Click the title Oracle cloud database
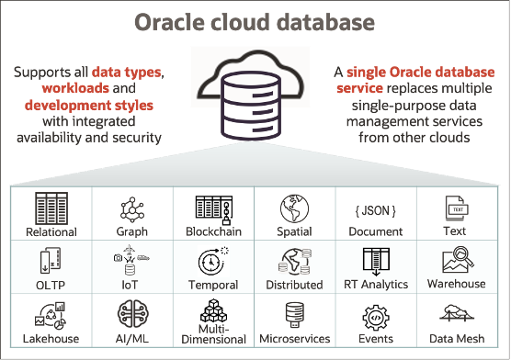(x=255, y=22)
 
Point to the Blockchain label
(x=213, y=231)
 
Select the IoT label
(x=131, y=285)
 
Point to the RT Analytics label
(x=375, y=285)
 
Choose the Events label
(x=375, y=339)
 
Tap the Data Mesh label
(x=455, y=339)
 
